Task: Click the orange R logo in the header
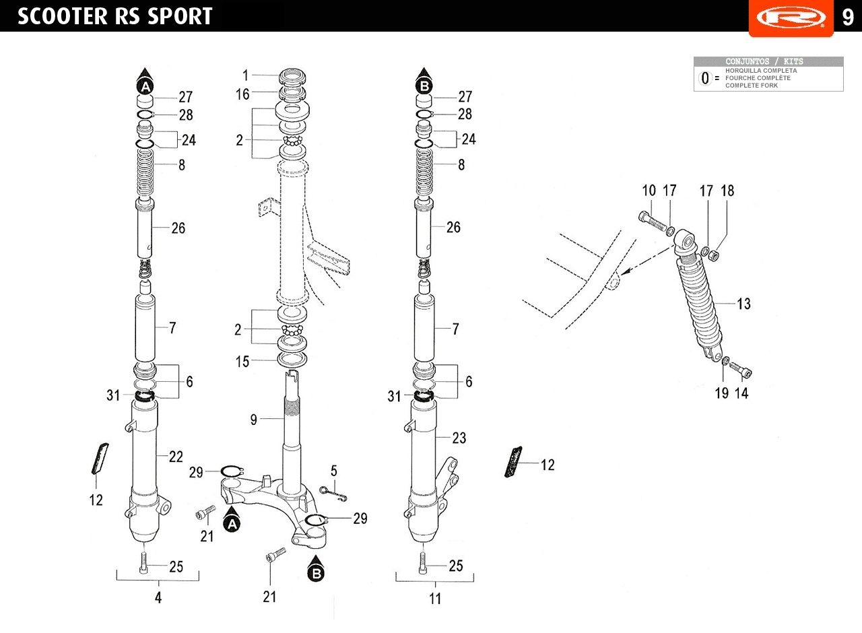pyautogui.click(x=791, y=18)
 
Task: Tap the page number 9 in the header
pyautogui.click(x=848, y=17)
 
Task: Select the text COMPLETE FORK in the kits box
pyautogui.click(x=752, y=86)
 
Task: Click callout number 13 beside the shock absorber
pyautogui.click(x=743, y=304)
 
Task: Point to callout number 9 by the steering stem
pyautogui.click(x=254, y=420)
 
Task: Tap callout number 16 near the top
pyautogui.click(x=242, y=94)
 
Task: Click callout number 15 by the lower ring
pyautogui.click(x=242, y=362)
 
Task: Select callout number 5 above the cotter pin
pyautogui.click(x=333, y=471)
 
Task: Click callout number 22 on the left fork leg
pyautogui.click(x=176, y=457)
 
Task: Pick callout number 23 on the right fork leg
pyautogui.click(x=459, y=438)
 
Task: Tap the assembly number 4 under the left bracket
pyautogui.click(x=158, y=597)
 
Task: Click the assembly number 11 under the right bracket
pyautogui.click(x=435, y=599)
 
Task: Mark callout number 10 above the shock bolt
pyautogui.click(x=649, y=191)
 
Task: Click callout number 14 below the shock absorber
pyautogui.click(x=741, y=393)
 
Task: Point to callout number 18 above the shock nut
pyautogui.click(x=727, y=191)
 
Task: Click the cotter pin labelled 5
pyautogui.click(x=333, y=494)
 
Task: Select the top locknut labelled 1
pyautogui.click(x=292, y=76)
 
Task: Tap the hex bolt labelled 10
pyautogui.click(x=653, y=222)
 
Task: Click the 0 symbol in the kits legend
pyautogui.click(x=705, y=78)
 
